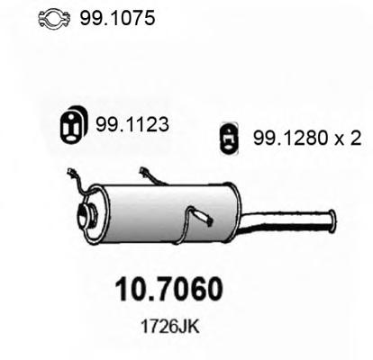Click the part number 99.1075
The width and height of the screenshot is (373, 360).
(117, 18)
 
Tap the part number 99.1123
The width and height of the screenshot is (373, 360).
(132, 124)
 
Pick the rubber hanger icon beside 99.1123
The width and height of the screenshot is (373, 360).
(73, 124)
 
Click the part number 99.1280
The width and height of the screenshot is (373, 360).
(290, 139)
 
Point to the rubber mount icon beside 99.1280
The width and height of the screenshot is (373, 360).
(229, 139)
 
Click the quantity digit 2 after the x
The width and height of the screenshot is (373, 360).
(356, 139)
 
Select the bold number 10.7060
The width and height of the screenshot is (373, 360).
(169, 290)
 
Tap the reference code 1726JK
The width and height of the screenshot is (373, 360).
(169, 327)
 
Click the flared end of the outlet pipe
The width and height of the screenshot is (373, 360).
(332, 220)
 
